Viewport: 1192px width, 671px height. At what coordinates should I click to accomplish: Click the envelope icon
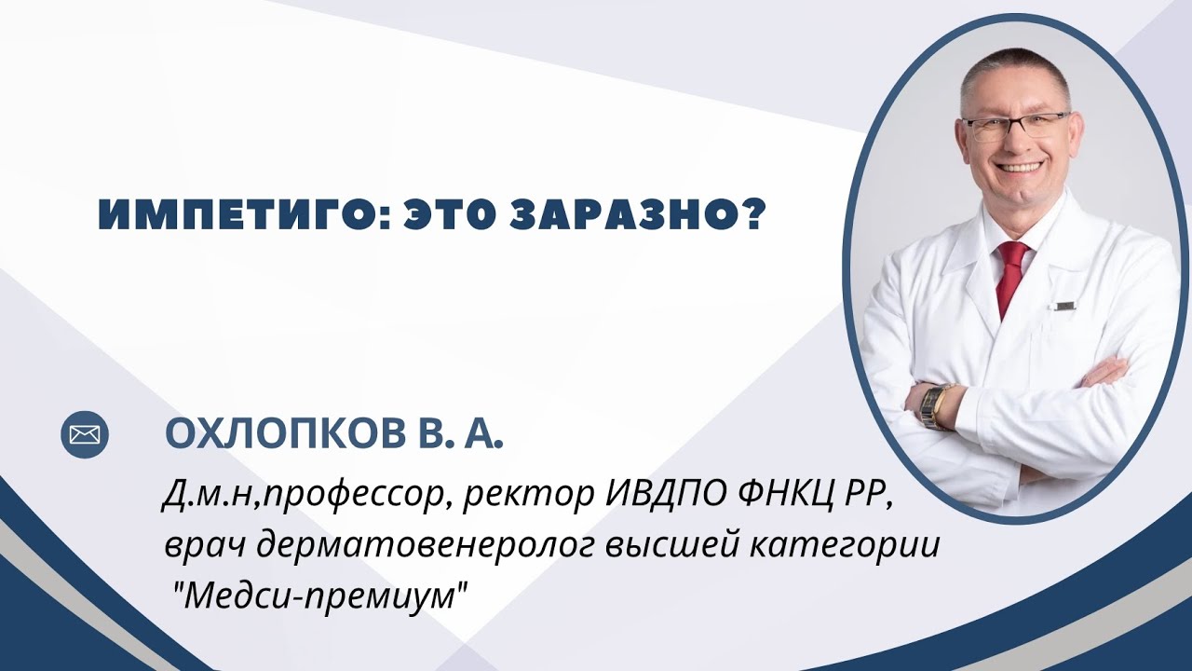[85, 434]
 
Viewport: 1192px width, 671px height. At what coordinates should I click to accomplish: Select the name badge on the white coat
[1064, 304]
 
